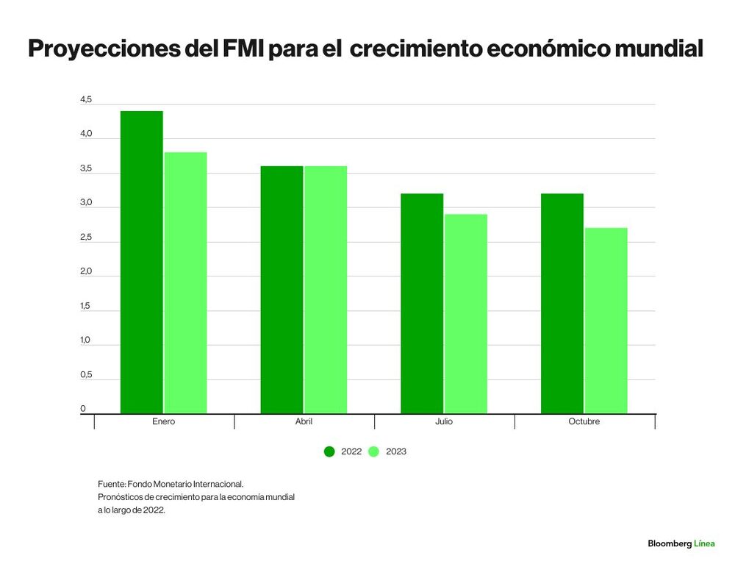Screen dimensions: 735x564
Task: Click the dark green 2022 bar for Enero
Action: point(142,262)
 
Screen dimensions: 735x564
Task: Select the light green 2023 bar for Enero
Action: point(186,282)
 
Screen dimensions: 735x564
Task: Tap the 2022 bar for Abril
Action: point(282,290)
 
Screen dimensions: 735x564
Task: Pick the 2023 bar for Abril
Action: point(326,290)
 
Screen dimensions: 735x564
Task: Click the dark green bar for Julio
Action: point(422,304)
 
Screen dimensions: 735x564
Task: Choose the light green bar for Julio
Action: point(466,314)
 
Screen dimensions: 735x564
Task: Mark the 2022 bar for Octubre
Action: point(562,304)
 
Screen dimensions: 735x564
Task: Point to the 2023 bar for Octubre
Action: point(606,321)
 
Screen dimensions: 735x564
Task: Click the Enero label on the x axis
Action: point(164,421)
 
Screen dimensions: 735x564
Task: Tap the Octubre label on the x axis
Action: point(584,421)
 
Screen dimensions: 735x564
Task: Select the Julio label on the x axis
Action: point(444,421)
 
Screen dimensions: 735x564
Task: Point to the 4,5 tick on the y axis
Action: point(86,99)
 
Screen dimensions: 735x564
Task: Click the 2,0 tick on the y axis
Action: point(86,271)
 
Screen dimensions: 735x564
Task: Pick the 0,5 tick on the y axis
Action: point(86,374)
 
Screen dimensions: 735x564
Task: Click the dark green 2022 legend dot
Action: point(329,451)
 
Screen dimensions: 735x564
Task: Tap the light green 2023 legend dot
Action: point(373,451)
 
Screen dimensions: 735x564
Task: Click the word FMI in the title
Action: point(243,49)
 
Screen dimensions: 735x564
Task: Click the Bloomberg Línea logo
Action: point(681,543)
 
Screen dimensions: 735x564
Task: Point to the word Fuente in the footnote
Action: point(112,484)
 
